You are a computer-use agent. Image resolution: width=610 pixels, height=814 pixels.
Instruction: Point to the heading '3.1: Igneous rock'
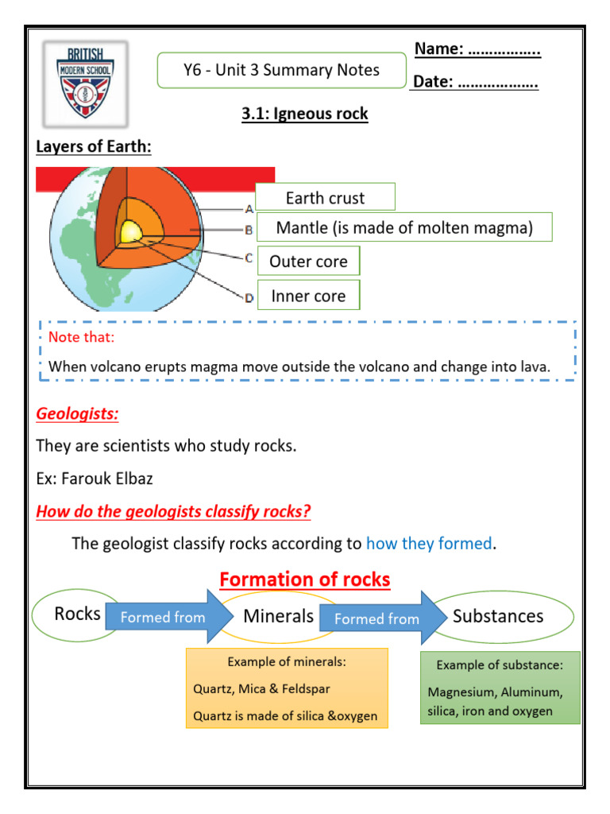[305, 114]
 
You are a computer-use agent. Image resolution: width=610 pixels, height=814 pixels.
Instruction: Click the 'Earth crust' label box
[325, 198]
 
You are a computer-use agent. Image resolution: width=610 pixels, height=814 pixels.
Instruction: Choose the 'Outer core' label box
[308, 262]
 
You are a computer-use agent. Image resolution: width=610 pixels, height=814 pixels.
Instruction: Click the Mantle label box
[403, 228]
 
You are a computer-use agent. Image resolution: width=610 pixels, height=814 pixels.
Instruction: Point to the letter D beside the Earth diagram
[249, 298]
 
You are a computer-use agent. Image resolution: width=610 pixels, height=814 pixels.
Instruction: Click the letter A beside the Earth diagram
[249, 209]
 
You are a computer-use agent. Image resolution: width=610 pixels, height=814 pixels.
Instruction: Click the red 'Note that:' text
[81, 337]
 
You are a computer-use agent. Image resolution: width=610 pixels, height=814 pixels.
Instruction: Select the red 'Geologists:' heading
[77, 414]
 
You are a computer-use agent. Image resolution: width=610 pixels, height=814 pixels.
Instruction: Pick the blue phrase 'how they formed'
[429, 544]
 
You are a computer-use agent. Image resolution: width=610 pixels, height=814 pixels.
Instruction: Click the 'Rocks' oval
[77, 614]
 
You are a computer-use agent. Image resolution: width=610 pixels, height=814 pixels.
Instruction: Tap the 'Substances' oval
[499, 616]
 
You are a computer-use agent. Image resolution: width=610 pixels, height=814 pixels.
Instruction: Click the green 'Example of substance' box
[500, 688]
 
